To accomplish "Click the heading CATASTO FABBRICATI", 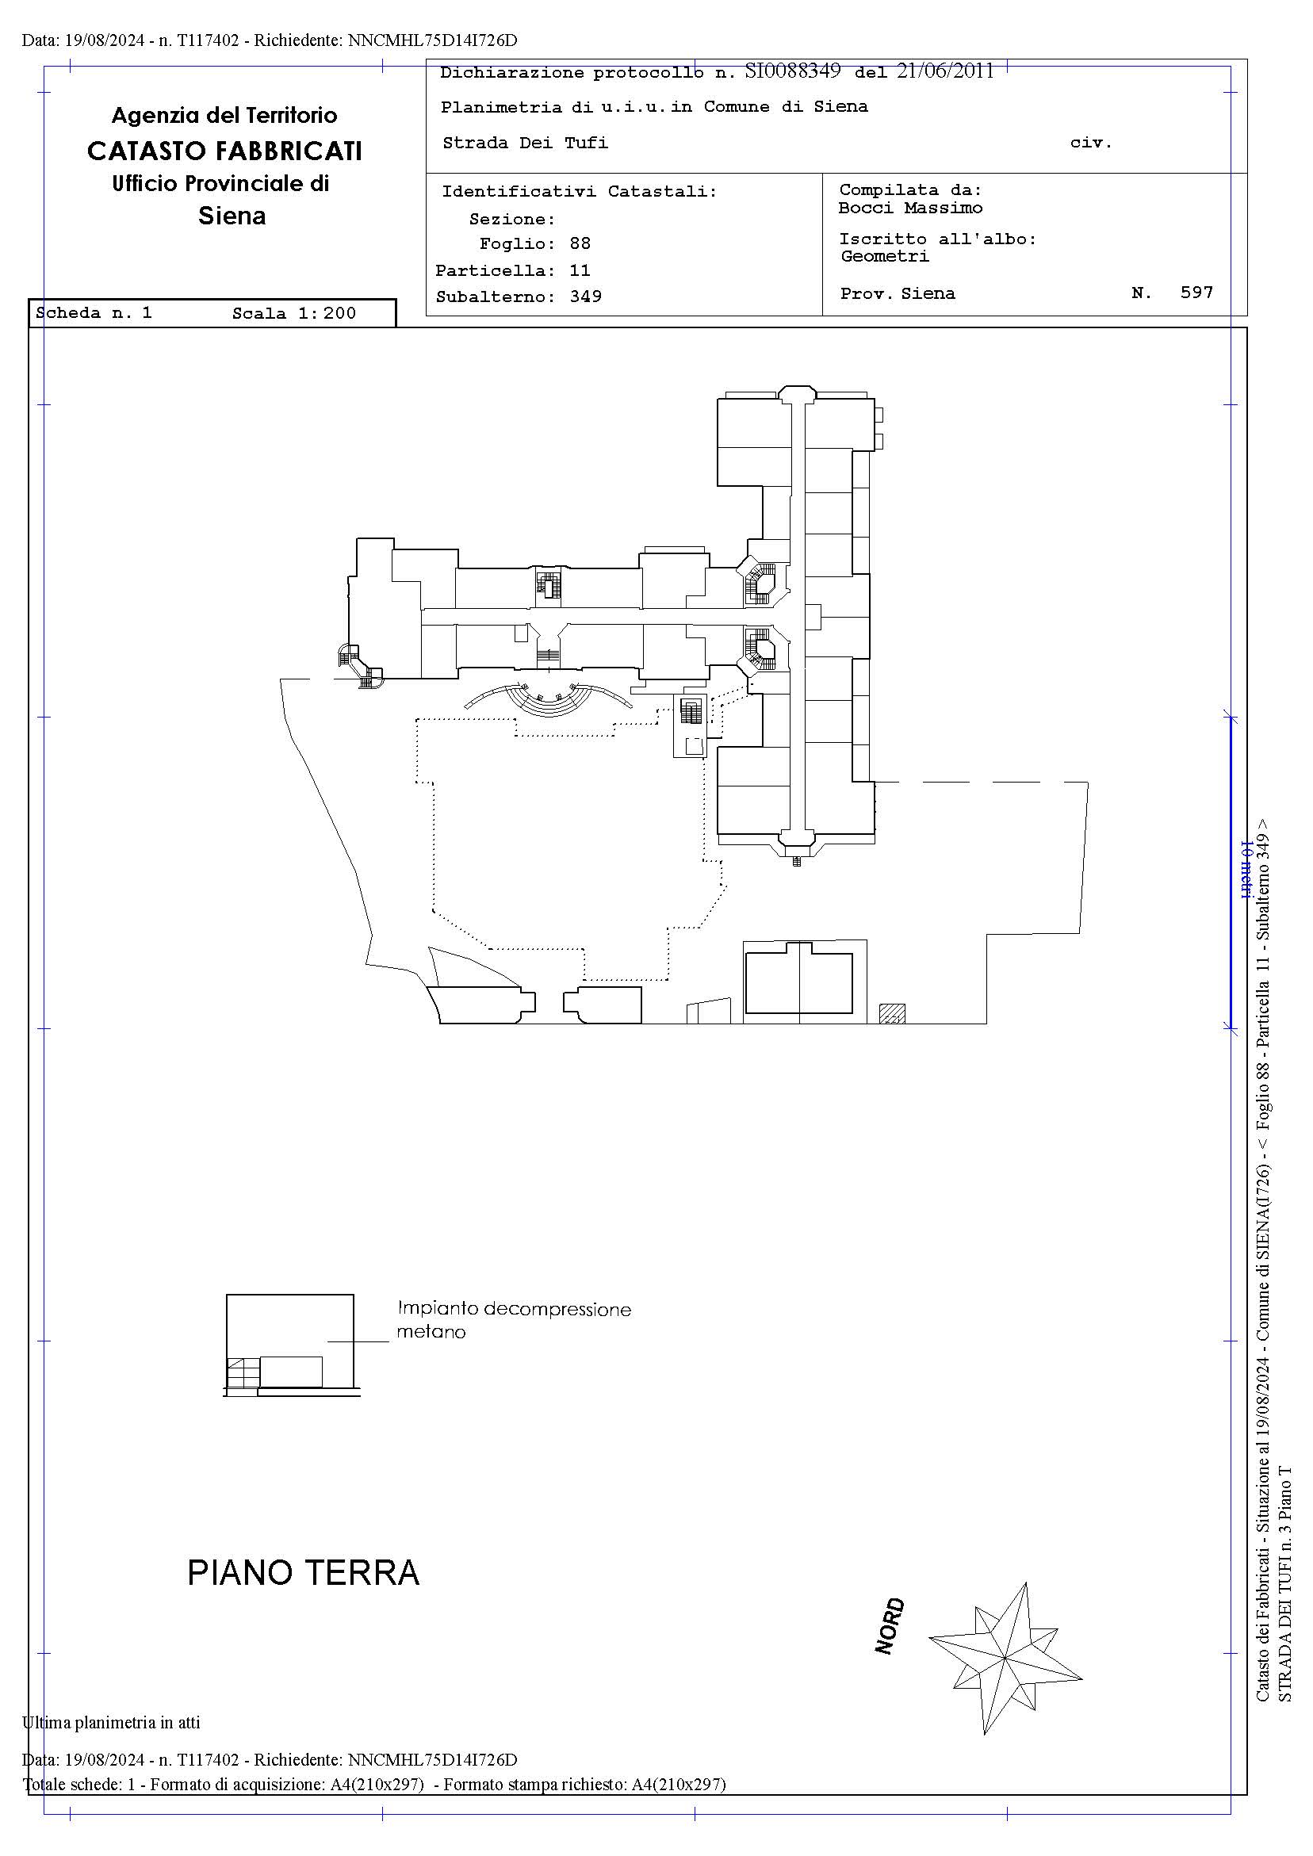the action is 224,151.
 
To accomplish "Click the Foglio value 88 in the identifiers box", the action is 580,243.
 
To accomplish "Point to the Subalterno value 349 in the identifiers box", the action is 585,297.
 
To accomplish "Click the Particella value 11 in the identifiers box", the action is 580,270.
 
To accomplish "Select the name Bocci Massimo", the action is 910,208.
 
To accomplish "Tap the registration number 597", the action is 1196,293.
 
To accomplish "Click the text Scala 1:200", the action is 294,314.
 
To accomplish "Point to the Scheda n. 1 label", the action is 94,313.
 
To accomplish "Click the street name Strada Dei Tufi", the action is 525,143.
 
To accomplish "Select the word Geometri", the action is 885,256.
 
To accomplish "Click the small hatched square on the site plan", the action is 892,1013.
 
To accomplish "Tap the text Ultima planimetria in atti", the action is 111,1723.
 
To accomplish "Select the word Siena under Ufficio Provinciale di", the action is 232,216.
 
